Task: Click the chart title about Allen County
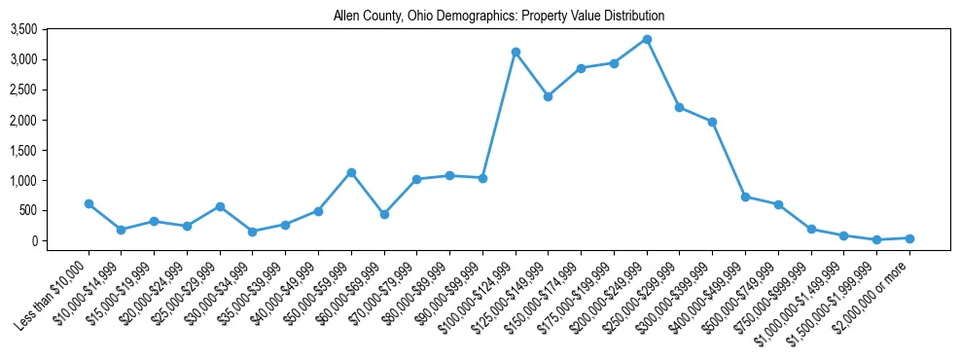499,17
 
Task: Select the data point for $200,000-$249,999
647,39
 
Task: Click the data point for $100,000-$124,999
516,52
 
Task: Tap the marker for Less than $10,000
89,203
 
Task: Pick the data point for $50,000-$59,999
351,172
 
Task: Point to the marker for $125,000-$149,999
549,96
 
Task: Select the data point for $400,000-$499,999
745,197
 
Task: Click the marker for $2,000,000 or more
909,238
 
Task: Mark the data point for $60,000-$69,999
384,214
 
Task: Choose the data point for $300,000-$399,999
712,122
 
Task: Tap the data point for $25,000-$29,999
220,206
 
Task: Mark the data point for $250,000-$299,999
680,107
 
